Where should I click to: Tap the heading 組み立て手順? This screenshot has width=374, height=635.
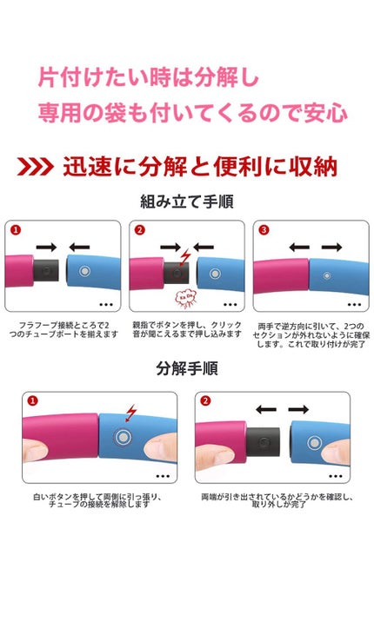(x=187, y=202)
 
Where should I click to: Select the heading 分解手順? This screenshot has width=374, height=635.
(x=186, y=368)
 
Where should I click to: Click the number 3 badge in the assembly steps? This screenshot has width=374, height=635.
(x=263, y=231)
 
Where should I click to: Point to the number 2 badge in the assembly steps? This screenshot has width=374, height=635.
(x=139, y=231)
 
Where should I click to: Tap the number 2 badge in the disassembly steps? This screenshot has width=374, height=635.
(x=205, y=401)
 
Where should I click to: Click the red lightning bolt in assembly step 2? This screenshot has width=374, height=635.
(x=185, y=256)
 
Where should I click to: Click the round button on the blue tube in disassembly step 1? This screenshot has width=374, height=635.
(x=124, y=437)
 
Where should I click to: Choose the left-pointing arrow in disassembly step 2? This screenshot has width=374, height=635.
(x=267, y=408)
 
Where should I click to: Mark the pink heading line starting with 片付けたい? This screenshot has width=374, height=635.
(x=148, y=78)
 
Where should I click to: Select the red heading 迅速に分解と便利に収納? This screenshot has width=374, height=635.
(x=200, y=167)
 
